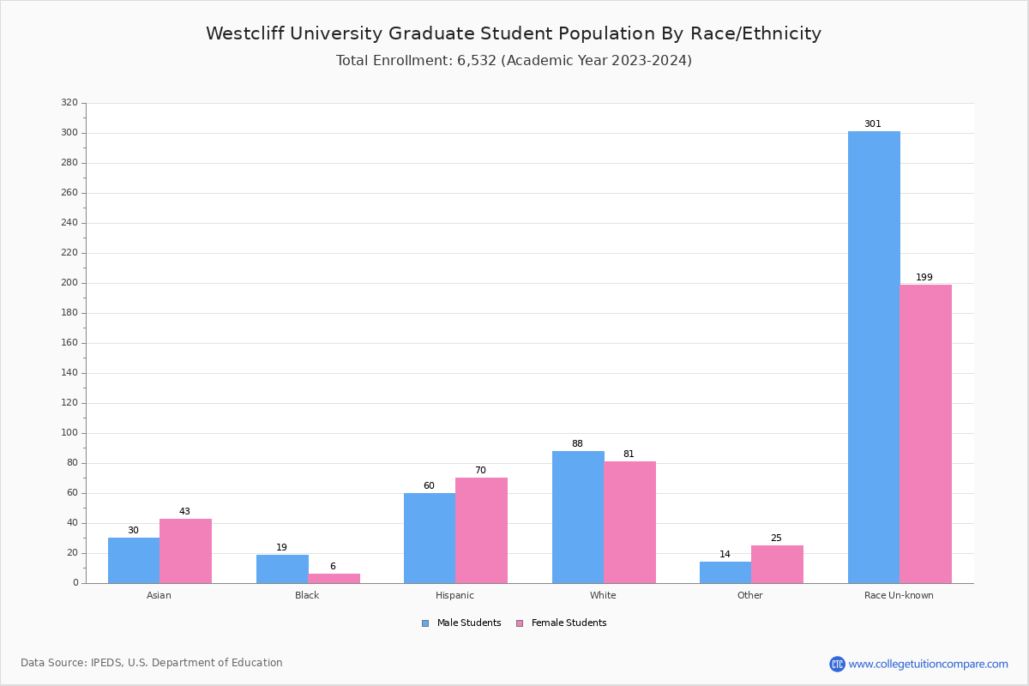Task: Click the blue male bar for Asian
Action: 134,560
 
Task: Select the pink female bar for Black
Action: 334,578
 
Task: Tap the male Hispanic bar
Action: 430,538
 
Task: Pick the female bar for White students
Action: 629,522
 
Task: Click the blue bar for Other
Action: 725,572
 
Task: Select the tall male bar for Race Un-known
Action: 874,357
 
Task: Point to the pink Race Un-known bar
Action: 925,433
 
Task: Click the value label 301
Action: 872,124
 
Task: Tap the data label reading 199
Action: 924,278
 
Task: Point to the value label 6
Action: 333,567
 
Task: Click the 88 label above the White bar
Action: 577,444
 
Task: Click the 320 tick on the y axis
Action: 69,103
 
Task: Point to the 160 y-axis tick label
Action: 69,343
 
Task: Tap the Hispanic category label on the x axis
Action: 454,595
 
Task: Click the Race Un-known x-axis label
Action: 899,595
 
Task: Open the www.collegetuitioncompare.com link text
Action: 928,664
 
